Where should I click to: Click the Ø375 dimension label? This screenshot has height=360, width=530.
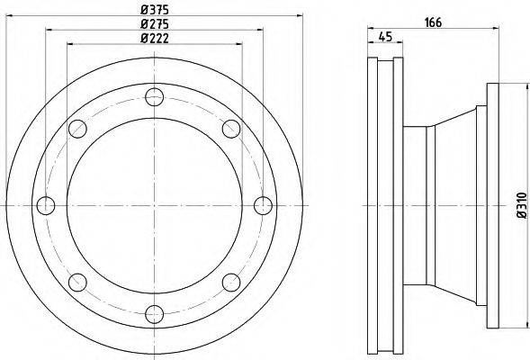tap(155, 10)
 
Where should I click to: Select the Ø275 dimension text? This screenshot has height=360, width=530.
tap(155, 24)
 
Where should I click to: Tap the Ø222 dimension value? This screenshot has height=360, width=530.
tap(155, 38)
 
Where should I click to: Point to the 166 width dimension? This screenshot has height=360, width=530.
tap(433, 22)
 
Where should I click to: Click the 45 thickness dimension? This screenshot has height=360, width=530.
tap(385, 37)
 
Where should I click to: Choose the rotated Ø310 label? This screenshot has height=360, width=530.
tap(522, 205)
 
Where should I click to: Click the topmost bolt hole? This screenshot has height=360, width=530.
tap(155, 97)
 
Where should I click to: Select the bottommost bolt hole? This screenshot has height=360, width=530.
tap(155, 314)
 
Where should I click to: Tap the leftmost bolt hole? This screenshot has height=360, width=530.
tap(46, 205)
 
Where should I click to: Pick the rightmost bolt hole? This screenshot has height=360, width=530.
tap(263, 205)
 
